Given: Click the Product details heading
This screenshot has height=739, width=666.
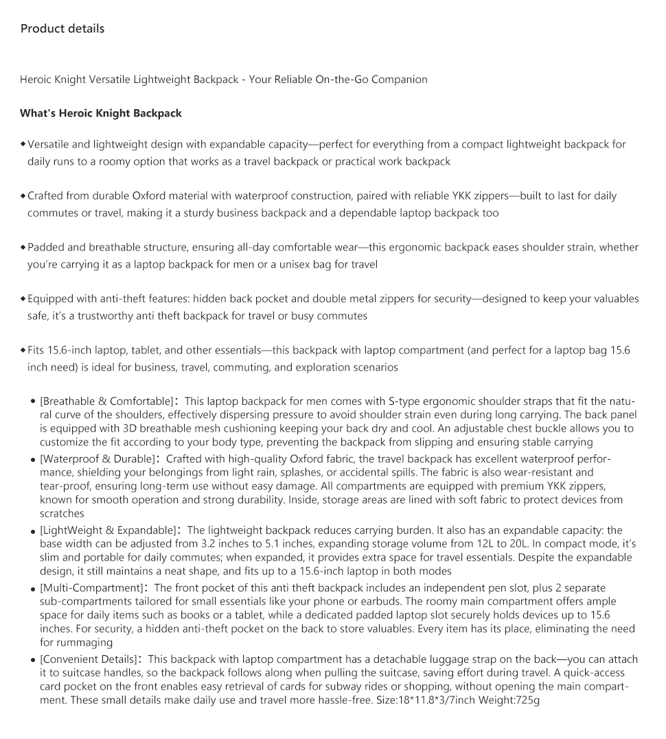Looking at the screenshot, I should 62,29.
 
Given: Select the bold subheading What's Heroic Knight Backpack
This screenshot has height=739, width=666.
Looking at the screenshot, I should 101,113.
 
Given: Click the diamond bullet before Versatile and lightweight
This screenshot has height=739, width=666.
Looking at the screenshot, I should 23,144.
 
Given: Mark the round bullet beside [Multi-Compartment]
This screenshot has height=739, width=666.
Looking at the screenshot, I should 33,589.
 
